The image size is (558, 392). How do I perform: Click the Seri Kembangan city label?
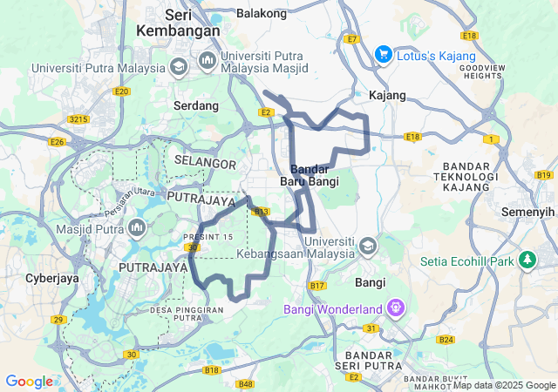click(x=178, y=23)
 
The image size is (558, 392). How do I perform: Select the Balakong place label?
click(x=262, y=14)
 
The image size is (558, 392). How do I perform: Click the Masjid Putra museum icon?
click(x=136, y=228)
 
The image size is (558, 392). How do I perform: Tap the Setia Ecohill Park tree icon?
click(x=527, y=260)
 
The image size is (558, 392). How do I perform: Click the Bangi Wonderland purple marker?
click(x=396, y=308)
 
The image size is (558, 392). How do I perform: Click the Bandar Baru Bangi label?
click(x=309, y=174)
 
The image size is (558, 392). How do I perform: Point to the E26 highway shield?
click(x=58, y=141)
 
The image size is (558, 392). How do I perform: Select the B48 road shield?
click(x=245, y=383)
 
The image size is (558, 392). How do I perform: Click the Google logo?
click(x=29, y=381)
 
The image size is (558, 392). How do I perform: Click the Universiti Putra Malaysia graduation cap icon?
click(x=178, y=67)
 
